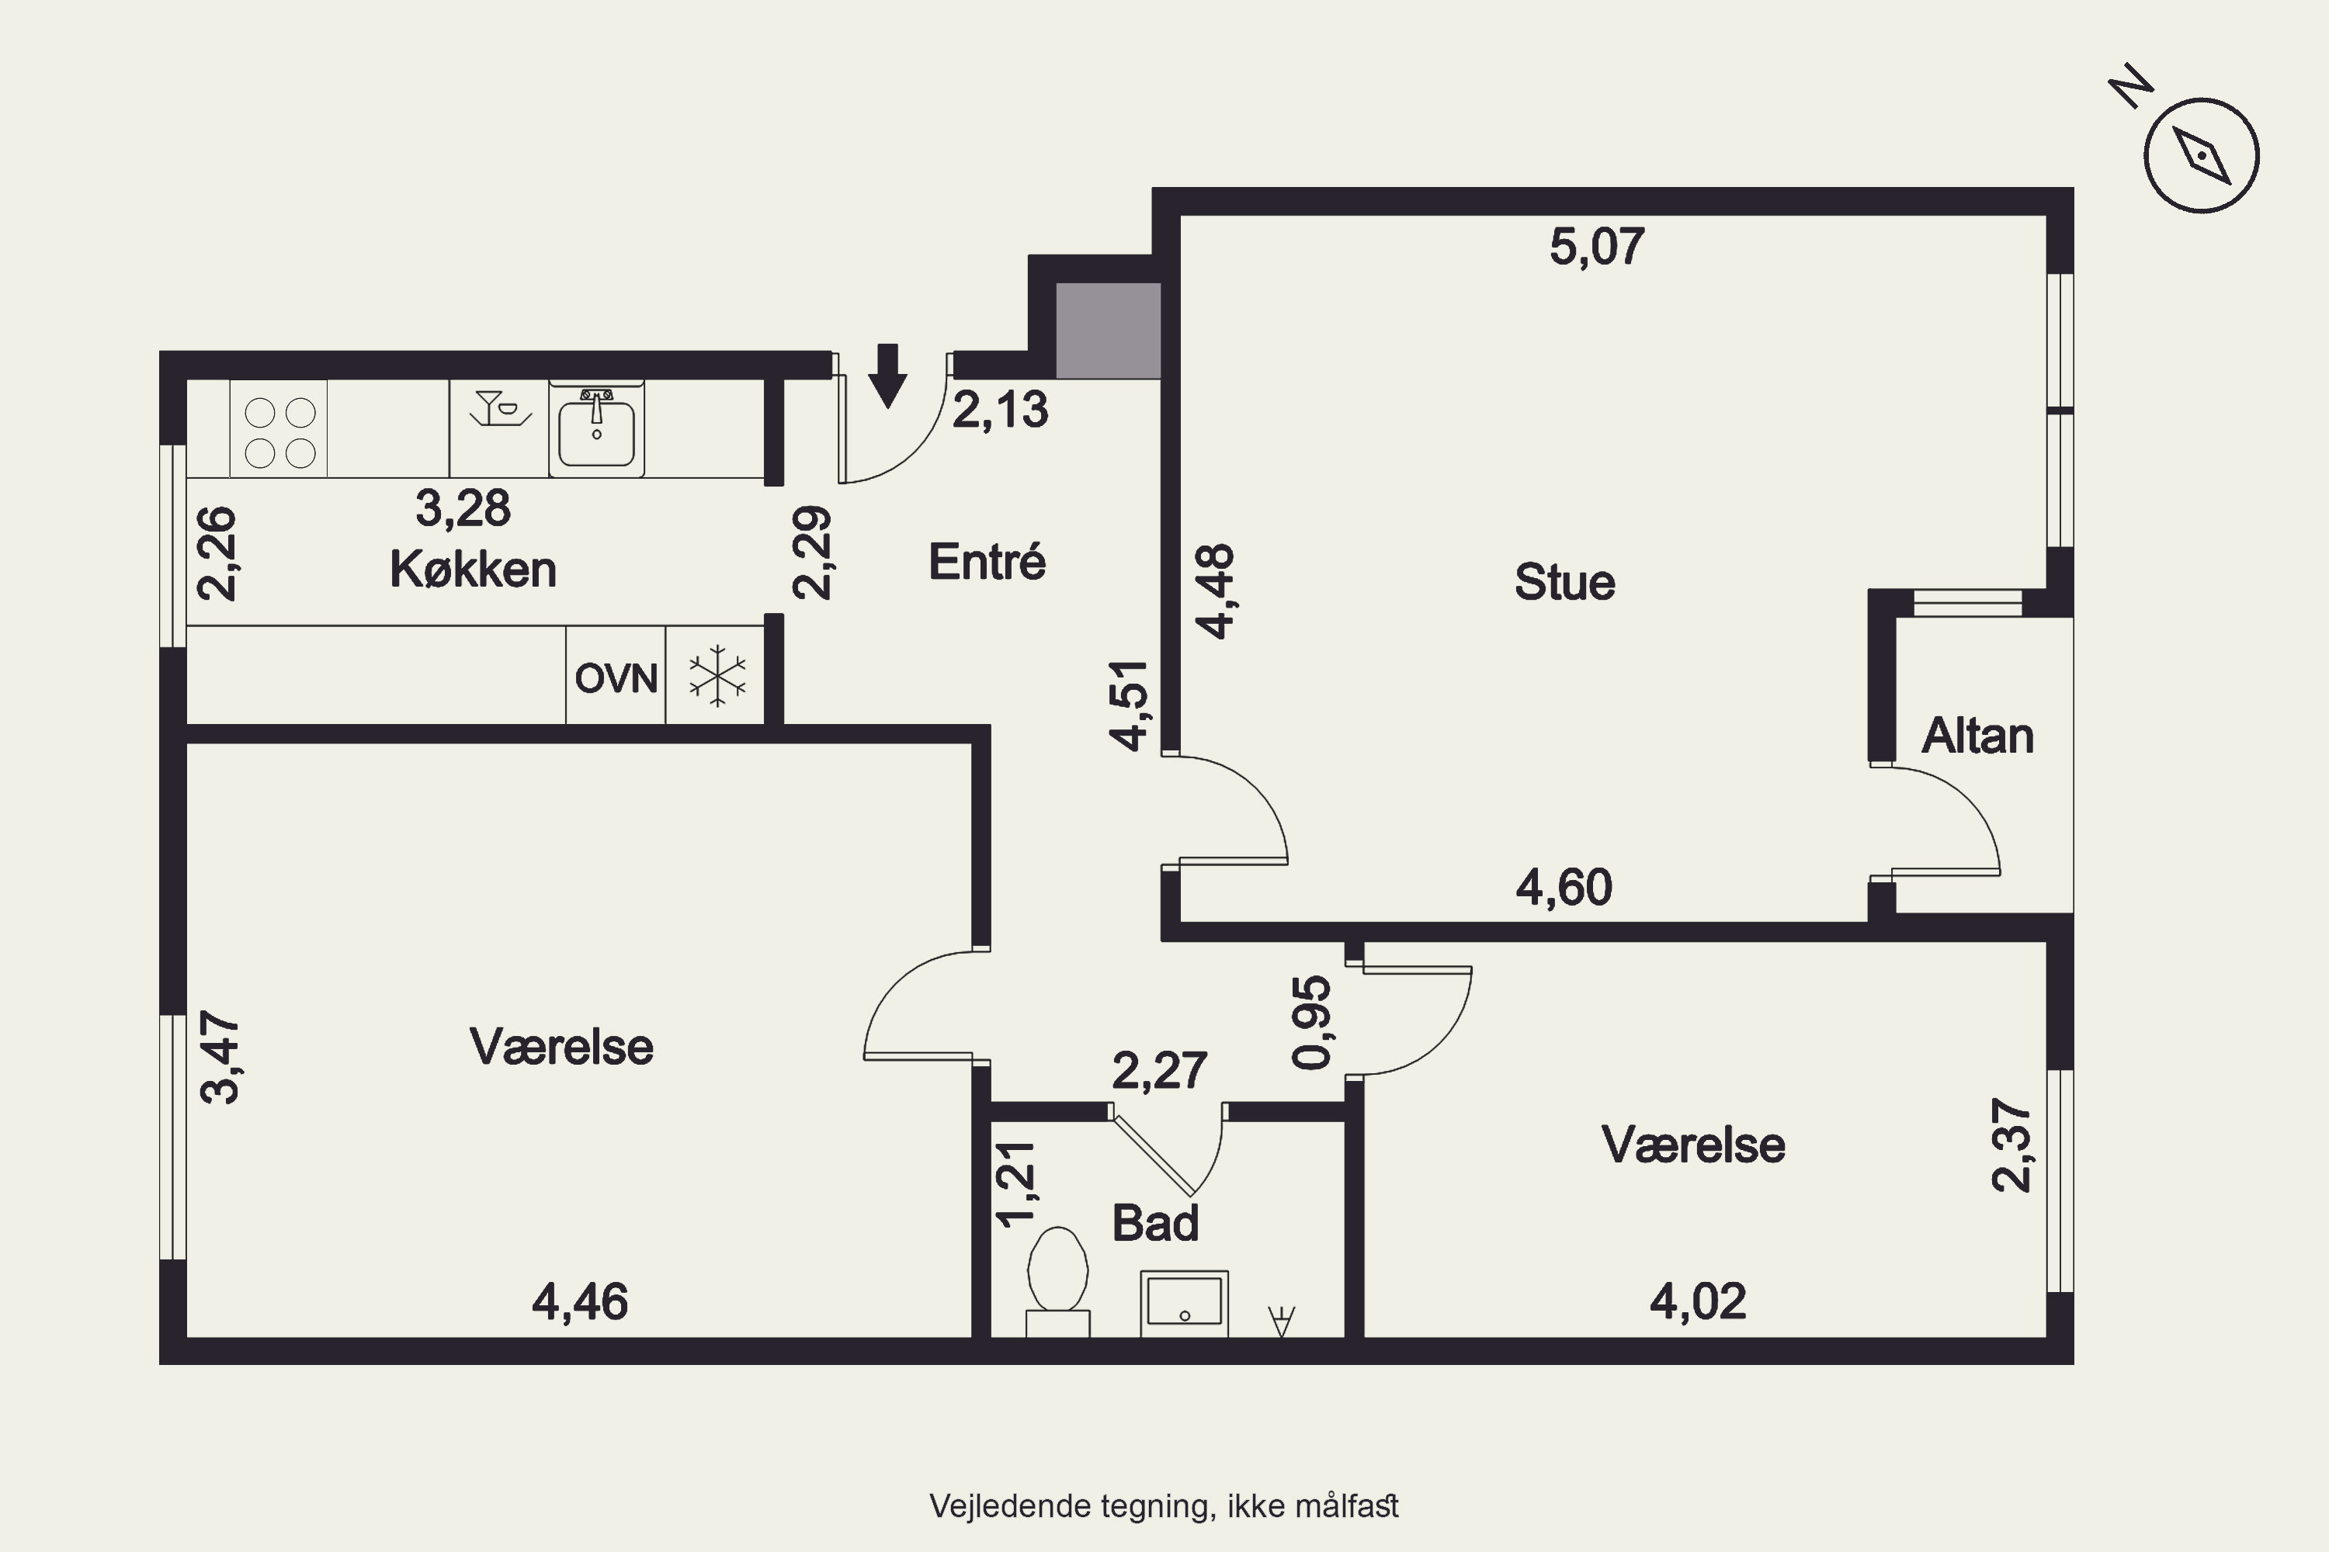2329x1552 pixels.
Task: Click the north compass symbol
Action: click(2201, 155)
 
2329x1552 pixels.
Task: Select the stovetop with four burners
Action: click(279, 431)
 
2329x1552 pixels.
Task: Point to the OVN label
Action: click(616, 679)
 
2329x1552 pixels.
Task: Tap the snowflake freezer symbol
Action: click(717, 676)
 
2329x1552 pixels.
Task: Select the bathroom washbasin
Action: click(1185, 1304)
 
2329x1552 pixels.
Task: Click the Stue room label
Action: click(1564, 582)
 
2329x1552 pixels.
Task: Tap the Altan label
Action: click(1977, 736)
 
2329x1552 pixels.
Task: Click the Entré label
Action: click(987, 561)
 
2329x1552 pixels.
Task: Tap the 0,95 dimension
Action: click(1312, 1023)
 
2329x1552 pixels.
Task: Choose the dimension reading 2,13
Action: click(1000, 410)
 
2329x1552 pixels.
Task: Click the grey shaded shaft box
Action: click(1108, 331)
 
